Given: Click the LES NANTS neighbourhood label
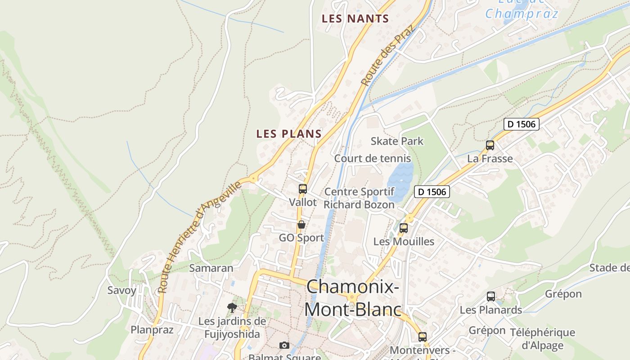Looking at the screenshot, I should [x=355, y=19].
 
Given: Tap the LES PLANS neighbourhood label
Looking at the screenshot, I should [x=289, y=134].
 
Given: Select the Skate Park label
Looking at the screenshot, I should [x=397, y=141].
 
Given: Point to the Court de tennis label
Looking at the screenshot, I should [x=372, y=158].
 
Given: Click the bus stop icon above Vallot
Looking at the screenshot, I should [x=303, y=189].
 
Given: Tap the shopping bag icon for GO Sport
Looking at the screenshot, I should [x=301, y=224].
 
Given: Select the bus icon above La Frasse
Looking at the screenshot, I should [x=490, y=145].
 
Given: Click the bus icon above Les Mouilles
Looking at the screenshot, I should [x=404, y=228].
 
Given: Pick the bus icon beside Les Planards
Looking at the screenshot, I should [x=491, y=297].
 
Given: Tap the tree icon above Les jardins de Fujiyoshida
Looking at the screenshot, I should [x=232, y=308].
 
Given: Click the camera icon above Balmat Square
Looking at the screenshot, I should [x=284, y=345].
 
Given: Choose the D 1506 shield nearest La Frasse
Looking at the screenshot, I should [x=521, y=124].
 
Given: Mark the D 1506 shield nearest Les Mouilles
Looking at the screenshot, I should [x=432, y=192].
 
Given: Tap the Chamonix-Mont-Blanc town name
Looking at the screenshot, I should [x=353, y=298].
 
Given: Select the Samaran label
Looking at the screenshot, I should [x=211, y=268].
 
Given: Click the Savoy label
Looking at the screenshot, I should [x=121, y=290].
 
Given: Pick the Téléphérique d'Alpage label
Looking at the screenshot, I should [x=542, y=339].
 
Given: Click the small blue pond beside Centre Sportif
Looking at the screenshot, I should [x=400, y=182].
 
